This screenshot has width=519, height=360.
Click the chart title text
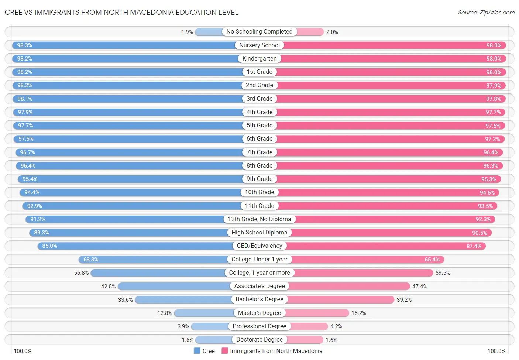[x=121, y=12]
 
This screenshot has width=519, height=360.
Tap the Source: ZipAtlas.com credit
[x=486, y=12]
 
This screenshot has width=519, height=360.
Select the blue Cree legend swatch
[x=197, y=351]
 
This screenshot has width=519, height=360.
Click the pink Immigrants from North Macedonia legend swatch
[x=224, y=351]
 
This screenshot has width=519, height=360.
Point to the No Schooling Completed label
[x=259, y=32]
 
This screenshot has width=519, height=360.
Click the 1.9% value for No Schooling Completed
[x=187, y=32]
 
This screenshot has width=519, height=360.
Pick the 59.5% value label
[x=443, y=273]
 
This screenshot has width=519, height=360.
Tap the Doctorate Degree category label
[x=259, y=340]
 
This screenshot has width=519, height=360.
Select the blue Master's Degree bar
[x=204, y=313]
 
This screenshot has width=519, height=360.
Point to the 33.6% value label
[x=125, y=300]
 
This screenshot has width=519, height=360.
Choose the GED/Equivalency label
[x=259, y=246]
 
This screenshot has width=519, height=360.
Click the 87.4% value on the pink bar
[x=474, y=246]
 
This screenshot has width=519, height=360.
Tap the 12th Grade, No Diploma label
[x=259, y=219]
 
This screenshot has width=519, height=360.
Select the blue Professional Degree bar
[x=210, y=326]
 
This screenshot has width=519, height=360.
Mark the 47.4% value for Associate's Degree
[x=419, y=287]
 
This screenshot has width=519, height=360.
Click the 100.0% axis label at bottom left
[x=23, y=351]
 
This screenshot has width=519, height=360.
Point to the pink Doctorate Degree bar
[x=305, y=340]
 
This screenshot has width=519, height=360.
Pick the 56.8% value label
[x=81, y=273]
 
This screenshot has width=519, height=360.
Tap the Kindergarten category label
[x=259, y=59]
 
